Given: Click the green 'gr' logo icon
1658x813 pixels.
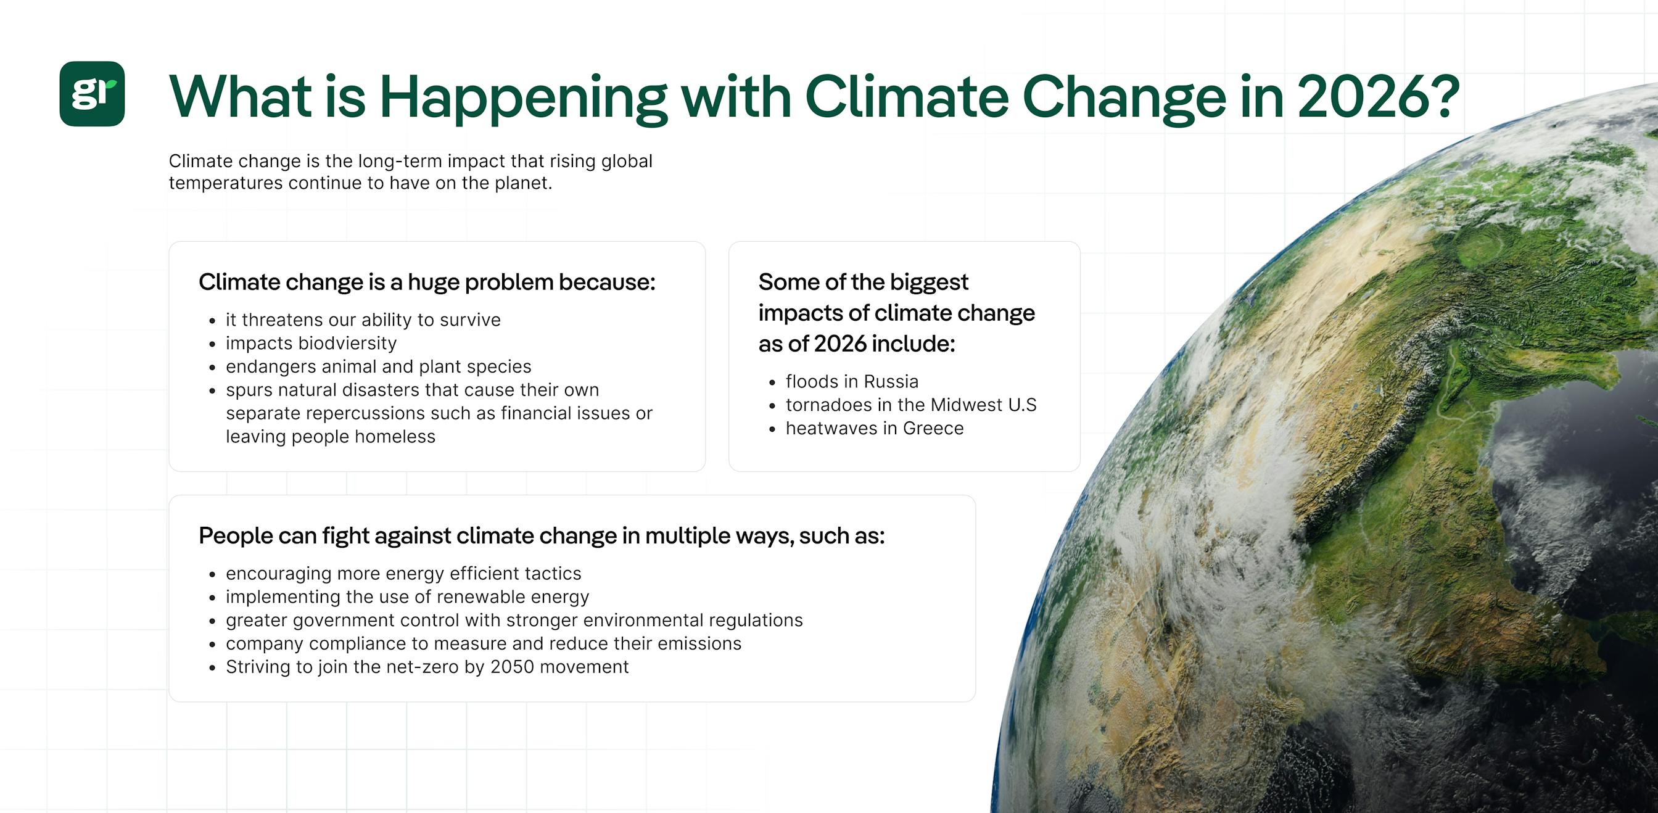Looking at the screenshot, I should coord(92,94).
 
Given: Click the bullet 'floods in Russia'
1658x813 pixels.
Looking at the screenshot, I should coord(852,382).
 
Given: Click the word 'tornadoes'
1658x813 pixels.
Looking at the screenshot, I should coord(823,405).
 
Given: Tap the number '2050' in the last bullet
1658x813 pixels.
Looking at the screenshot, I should coord(512,667).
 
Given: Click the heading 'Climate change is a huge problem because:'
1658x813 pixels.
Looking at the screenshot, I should coord(427,282).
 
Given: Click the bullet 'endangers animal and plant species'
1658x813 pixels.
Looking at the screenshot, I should coord(379,366).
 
